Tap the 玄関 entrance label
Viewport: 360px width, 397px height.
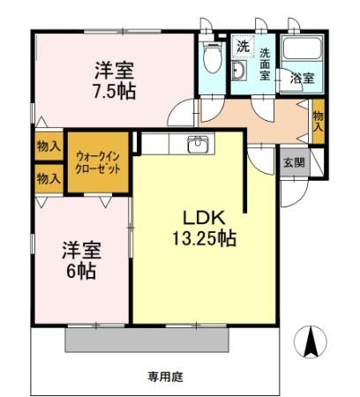pyautogui.click(x=294, y=162)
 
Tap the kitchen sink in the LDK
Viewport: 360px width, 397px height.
pyautogui.click(x=199, y=144)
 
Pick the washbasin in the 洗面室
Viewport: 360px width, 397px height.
pyautogui.click(x=239, y=71)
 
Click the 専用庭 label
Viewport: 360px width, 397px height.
pyautogui.click(x=164, y=377)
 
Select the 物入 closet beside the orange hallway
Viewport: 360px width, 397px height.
pyautogui.click(x=318, y=118)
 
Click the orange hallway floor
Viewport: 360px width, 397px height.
pyautogui.click(x=256, y=116)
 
